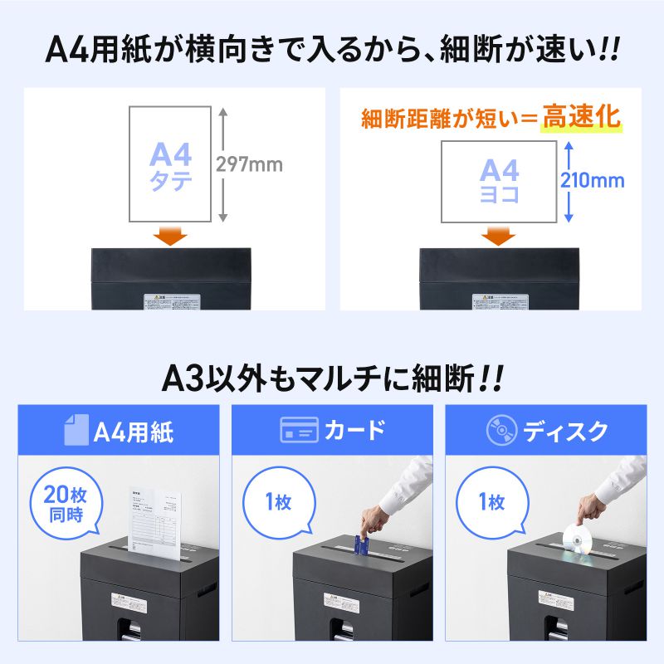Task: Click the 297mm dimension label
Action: coord(249,164)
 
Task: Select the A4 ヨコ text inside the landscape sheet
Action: coord(499,182)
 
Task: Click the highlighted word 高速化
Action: coord(581,117)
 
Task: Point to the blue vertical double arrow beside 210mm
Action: coord(568,180)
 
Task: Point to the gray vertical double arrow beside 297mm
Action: coord(223,164)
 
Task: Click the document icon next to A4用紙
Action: coord(75,430)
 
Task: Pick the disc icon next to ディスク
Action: coord(500,430)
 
